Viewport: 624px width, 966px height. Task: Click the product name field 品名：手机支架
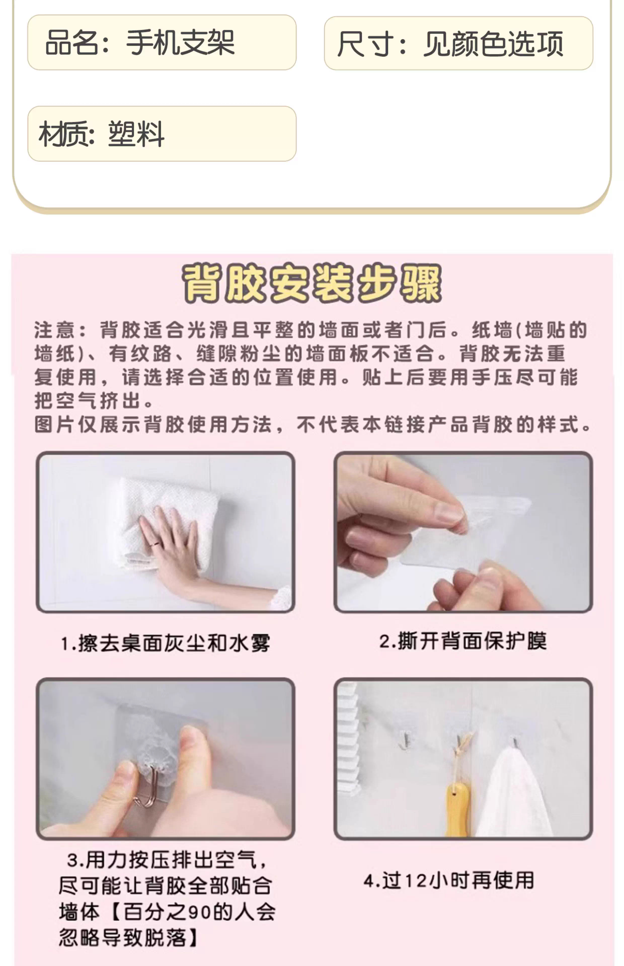point(162,43)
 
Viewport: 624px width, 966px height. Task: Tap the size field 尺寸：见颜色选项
point(458,43)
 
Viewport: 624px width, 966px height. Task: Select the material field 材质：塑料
point(162,134)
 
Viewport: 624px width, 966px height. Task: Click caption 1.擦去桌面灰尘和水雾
point(165,643)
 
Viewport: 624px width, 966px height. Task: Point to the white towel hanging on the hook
point(513,792)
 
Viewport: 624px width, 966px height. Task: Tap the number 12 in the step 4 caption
point(416,881)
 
